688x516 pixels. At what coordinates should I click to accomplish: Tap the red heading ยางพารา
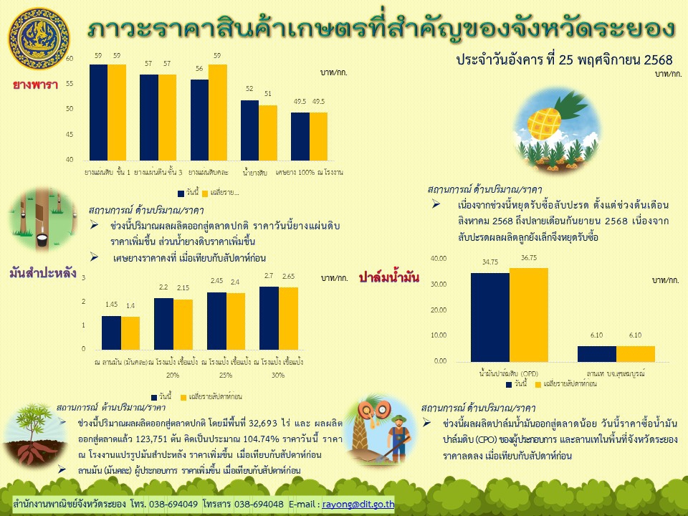[x=35, y=85]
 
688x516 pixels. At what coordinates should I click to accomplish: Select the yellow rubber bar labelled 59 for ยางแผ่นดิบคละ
[x=218, y=112]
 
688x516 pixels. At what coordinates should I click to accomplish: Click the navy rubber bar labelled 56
[x=199, y=119]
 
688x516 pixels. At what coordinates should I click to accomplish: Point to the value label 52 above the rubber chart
[x=249, y=89]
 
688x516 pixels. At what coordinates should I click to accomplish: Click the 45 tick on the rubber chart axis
[x=69, y=134]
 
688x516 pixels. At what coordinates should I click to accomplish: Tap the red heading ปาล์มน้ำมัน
[x=389, y=276]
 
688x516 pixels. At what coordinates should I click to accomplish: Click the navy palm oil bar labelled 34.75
[x=489, y=317]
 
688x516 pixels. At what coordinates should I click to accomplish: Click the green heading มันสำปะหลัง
[x=43, y=272]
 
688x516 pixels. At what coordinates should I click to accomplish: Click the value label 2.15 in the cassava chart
[x=183, y=287]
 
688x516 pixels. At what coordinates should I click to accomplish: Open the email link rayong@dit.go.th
[x=358, y=504]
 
